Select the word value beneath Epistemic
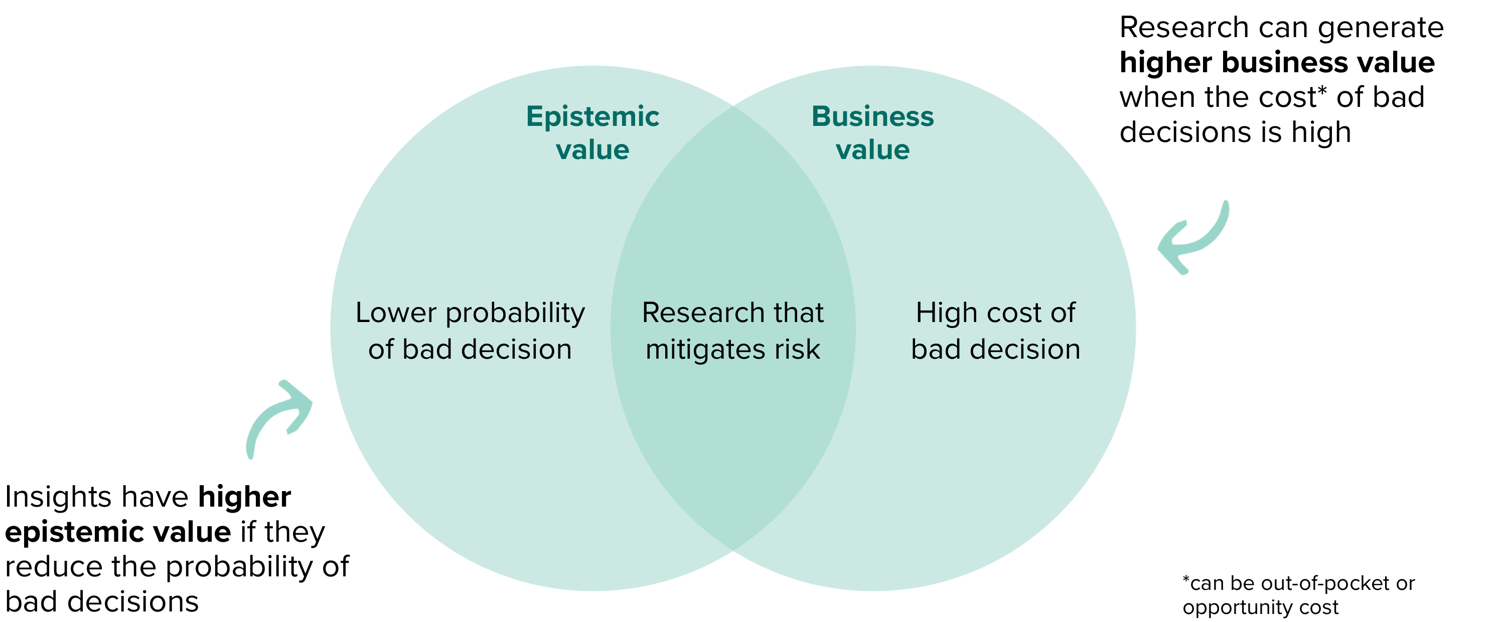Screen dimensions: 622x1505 (592, 150)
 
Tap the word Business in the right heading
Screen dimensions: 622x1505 (872, 117)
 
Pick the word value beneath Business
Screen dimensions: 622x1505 (872, 150)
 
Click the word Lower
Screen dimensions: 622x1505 (395, 313)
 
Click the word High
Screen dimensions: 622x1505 (941, 314)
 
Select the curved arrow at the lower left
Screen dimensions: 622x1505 (279, 417)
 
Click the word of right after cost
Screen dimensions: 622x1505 (1063, 314)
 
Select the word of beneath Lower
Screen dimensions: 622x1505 (380, 350)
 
